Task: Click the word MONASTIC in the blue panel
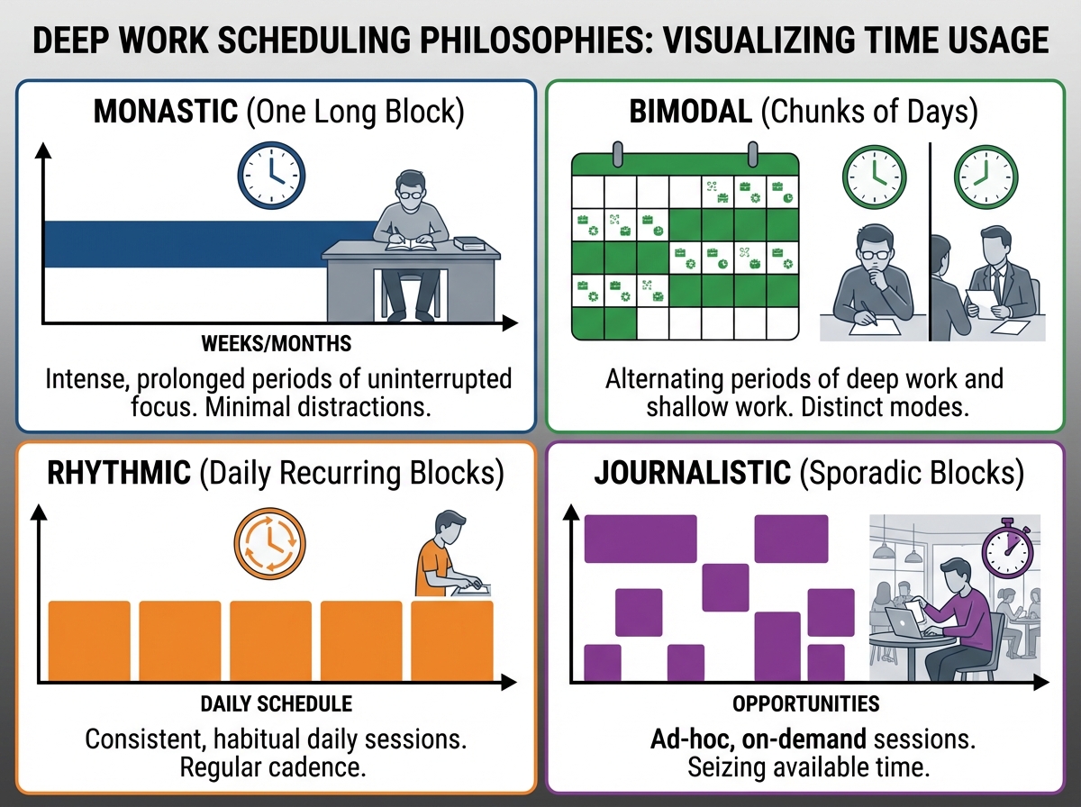(x=166, y=112)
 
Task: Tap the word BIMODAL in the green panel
(x=690, y=112)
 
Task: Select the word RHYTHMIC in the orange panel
(x=119, y=472)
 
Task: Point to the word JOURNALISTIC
(x=693, y=472)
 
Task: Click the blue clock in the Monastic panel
(x=271, y=175)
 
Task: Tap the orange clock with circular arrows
(x=269, y=544)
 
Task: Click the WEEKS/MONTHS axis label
(x=277, y=344)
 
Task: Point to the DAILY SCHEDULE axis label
(x=277, y=703)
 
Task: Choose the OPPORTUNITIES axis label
(x=805, y=703)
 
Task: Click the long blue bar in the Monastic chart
(x=209, y=244)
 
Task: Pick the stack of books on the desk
(x=469, y=243)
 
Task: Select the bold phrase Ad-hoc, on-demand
(x=758, y=739)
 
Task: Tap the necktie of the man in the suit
(x=995, y=286)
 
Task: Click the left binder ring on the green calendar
(x=617, y=154)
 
